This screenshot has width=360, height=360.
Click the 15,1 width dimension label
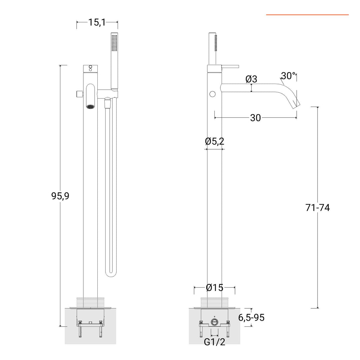coord(97,22)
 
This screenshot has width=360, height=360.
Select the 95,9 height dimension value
coord(60,196)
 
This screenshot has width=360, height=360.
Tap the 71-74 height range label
coord(318,208)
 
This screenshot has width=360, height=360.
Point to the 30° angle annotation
coord(288,76)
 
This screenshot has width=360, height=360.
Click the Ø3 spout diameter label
coord(251,79)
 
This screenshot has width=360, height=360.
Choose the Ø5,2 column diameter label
coord(214,141)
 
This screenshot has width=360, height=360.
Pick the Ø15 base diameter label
coord(215,287)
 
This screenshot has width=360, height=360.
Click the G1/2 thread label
coord(214,342)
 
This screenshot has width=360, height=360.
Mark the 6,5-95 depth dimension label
coord(251,318)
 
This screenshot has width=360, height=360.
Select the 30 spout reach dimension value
coord(255,118)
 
